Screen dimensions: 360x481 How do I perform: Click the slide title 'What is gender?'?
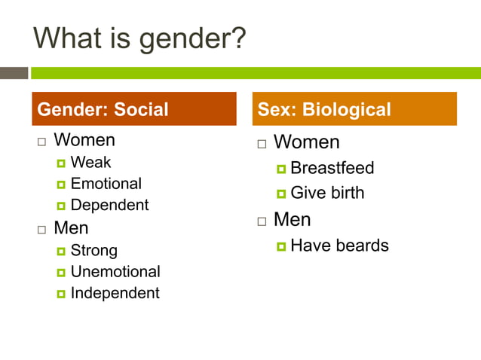coord(140,38)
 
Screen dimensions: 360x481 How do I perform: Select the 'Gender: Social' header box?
coord(133,109)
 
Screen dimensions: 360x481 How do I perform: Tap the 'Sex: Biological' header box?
coord(354,109)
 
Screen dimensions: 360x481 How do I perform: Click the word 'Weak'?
coord(90,162)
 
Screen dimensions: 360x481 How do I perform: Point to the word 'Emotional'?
coord(106,183)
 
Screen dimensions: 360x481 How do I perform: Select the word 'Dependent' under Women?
coord(109,205)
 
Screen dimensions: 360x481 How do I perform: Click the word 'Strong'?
coord(93,250)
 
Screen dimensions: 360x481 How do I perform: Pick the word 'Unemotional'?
coord(115,271)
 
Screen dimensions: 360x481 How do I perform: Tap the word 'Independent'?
coord(115,293)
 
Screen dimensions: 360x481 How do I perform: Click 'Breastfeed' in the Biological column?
coord(332,168)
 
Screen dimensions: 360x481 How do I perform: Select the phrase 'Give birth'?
coord(327,193)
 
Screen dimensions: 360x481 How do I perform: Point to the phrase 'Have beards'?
coord(339,246)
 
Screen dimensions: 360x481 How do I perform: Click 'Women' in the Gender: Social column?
coord(84,140)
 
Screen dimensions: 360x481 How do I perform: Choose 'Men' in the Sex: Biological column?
coord(292,220)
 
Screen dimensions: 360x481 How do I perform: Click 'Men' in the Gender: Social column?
coord(71,227)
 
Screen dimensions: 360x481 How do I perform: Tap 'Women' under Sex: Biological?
coord(306,142)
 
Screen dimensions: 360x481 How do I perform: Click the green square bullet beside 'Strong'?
coord(61,251)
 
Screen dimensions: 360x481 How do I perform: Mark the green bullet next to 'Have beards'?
coord(280,246)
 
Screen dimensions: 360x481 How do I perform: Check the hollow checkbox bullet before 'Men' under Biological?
coord(262,221)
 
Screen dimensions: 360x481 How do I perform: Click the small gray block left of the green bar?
coord(14,73)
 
